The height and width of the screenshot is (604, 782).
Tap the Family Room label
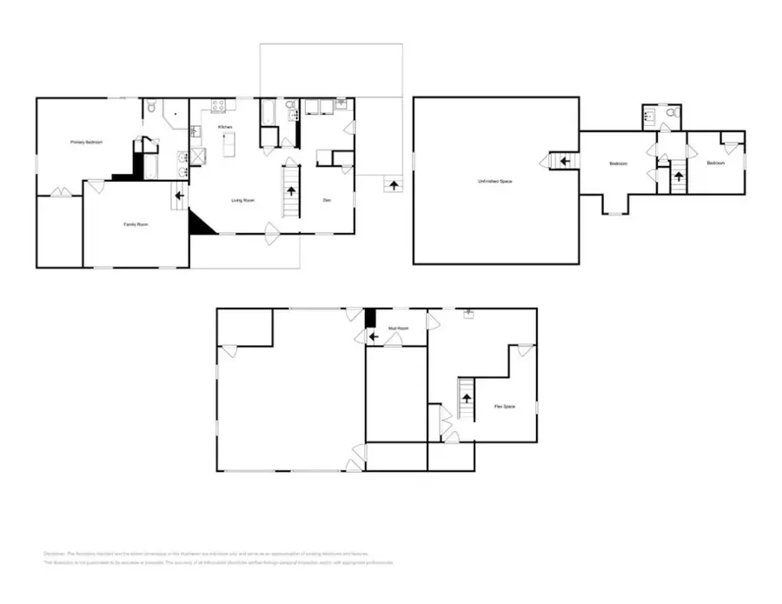point(135,224)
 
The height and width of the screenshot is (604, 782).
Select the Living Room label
point(242,201)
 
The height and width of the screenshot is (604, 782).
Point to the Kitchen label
point(225,128)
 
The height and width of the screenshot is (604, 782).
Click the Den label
point(327,201)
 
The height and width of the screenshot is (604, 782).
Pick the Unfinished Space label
point(494,181)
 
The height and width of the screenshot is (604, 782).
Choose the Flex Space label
point(505,406)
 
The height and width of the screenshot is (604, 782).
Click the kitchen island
point(229,148)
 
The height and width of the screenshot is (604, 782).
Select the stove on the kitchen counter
point(219,107)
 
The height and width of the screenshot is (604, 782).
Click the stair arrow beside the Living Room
point(290,189)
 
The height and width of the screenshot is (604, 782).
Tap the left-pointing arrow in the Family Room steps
point(179,196)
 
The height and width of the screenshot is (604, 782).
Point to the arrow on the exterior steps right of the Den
point(394,185)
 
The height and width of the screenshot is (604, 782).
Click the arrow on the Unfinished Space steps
point(563,161)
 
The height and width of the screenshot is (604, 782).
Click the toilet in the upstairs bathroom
point(671,112)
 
